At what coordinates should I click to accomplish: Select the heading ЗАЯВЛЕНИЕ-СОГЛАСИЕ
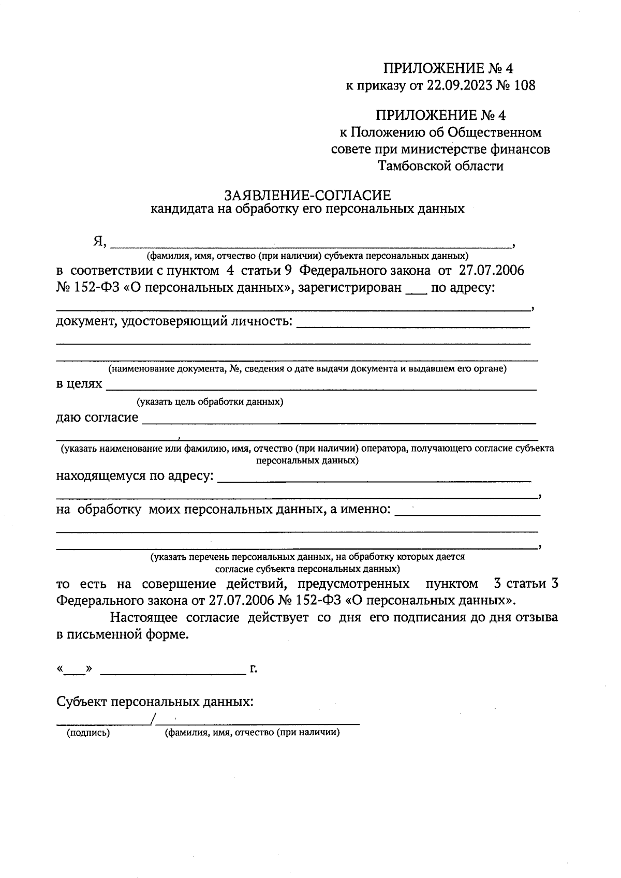(x=307, y=196)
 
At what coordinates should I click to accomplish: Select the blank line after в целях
(x=321, y=387)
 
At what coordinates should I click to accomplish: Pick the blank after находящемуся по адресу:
(x=375, y=480)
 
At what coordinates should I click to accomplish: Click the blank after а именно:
(x=467, y=513)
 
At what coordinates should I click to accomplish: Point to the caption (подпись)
(x=87, y=733)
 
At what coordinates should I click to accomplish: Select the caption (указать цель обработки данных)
(x=210, y=402)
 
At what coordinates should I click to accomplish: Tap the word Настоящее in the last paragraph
(x=143, y=617)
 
